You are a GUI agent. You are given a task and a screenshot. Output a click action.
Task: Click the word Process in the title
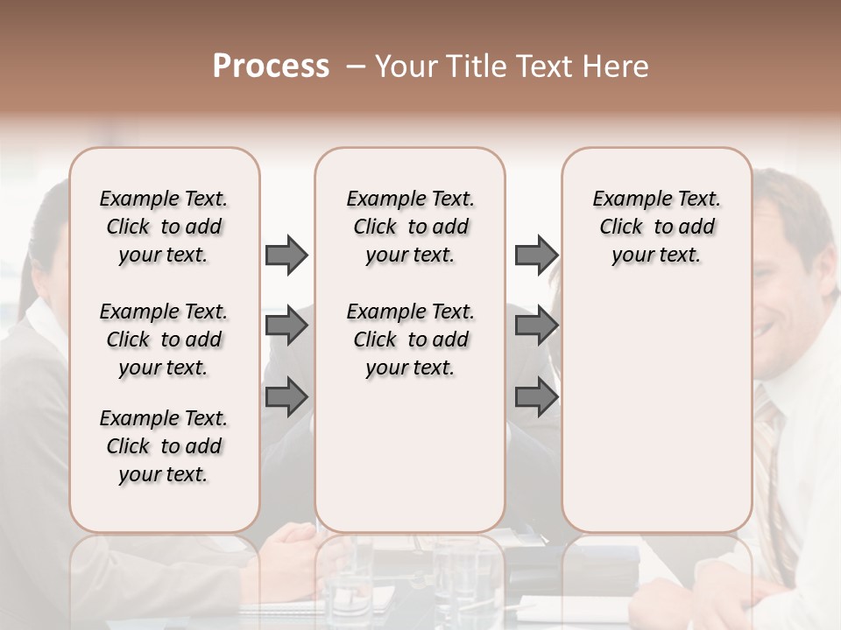271,66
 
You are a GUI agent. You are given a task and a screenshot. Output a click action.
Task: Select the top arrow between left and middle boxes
286,255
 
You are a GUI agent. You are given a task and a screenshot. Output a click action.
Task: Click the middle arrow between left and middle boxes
286,325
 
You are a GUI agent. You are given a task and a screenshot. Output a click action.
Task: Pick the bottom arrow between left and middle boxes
286,397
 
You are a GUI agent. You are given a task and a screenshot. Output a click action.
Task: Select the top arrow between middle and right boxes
536,255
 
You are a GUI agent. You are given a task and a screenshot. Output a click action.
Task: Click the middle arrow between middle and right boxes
536,325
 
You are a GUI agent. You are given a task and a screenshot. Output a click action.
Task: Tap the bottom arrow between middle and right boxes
536,397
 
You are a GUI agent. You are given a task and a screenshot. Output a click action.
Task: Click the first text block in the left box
163,227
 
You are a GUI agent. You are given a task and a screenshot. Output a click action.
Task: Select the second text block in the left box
163,339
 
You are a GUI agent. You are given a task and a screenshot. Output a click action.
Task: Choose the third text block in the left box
163,446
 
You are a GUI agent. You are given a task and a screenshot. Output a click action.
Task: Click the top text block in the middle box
410,227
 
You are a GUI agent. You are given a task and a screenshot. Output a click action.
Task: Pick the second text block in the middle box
410,339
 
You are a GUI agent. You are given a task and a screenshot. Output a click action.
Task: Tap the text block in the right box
656,227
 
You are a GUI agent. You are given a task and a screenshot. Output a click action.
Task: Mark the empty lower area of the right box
656,411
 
